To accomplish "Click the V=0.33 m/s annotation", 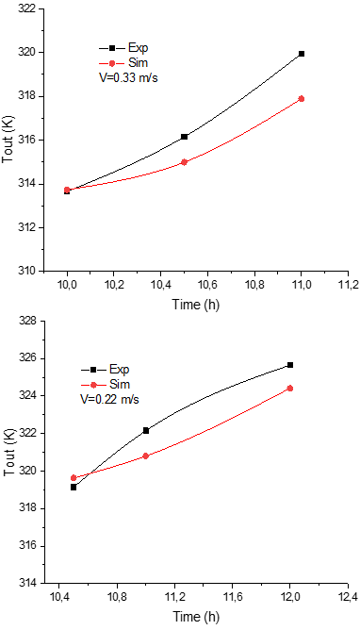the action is click(x=128, y=77).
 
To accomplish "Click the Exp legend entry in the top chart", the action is click(x=123, y=48).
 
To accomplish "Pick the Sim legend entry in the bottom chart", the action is click(x=106, y=385).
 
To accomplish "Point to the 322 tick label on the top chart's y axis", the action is click(x=27, y=8).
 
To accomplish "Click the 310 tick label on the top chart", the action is click(x=27, y=272).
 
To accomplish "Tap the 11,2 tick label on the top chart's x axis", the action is click(x=348, y=285).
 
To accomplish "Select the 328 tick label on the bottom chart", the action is click(x=27, y=322).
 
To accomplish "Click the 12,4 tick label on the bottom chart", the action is click(x=348, y=597).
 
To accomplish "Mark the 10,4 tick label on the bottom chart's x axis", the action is click(x=58, y=597).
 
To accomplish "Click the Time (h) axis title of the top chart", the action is click(x=196, y=305).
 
